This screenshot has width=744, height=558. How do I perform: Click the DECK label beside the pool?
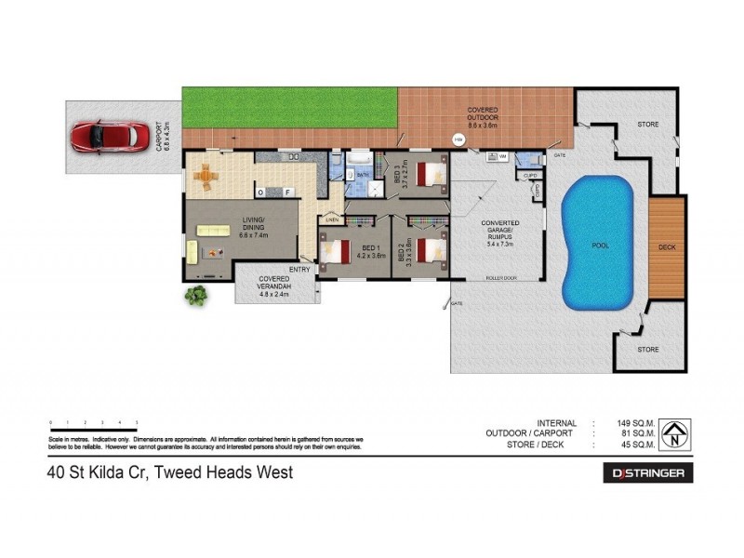point(667,247)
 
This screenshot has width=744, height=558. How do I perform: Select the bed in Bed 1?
point(333,250)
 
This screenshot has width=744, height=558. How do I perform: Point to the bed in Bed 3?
point(430,174)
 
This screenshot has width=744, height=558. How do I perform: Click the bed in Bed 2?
point(430,250)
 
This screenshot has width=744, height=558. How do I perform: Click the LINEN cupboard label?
point(330,220)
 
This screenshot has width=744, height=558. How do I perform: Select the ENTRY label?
point(299,270)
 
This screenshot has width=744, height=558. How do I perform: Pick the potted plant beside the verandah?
point(196,296)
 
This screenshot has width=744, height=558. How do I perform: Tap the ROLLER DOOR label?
point(500,278)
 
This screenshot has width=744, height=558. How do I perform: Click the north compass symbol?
point(679,432)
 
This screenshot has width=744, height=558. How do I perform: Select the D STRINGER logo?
point(648,473)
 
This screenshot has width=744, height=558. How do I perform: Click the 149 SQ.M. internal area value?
point(643,422)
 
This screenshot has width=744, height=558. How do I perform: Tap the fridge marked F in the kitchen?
point(287,192)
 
